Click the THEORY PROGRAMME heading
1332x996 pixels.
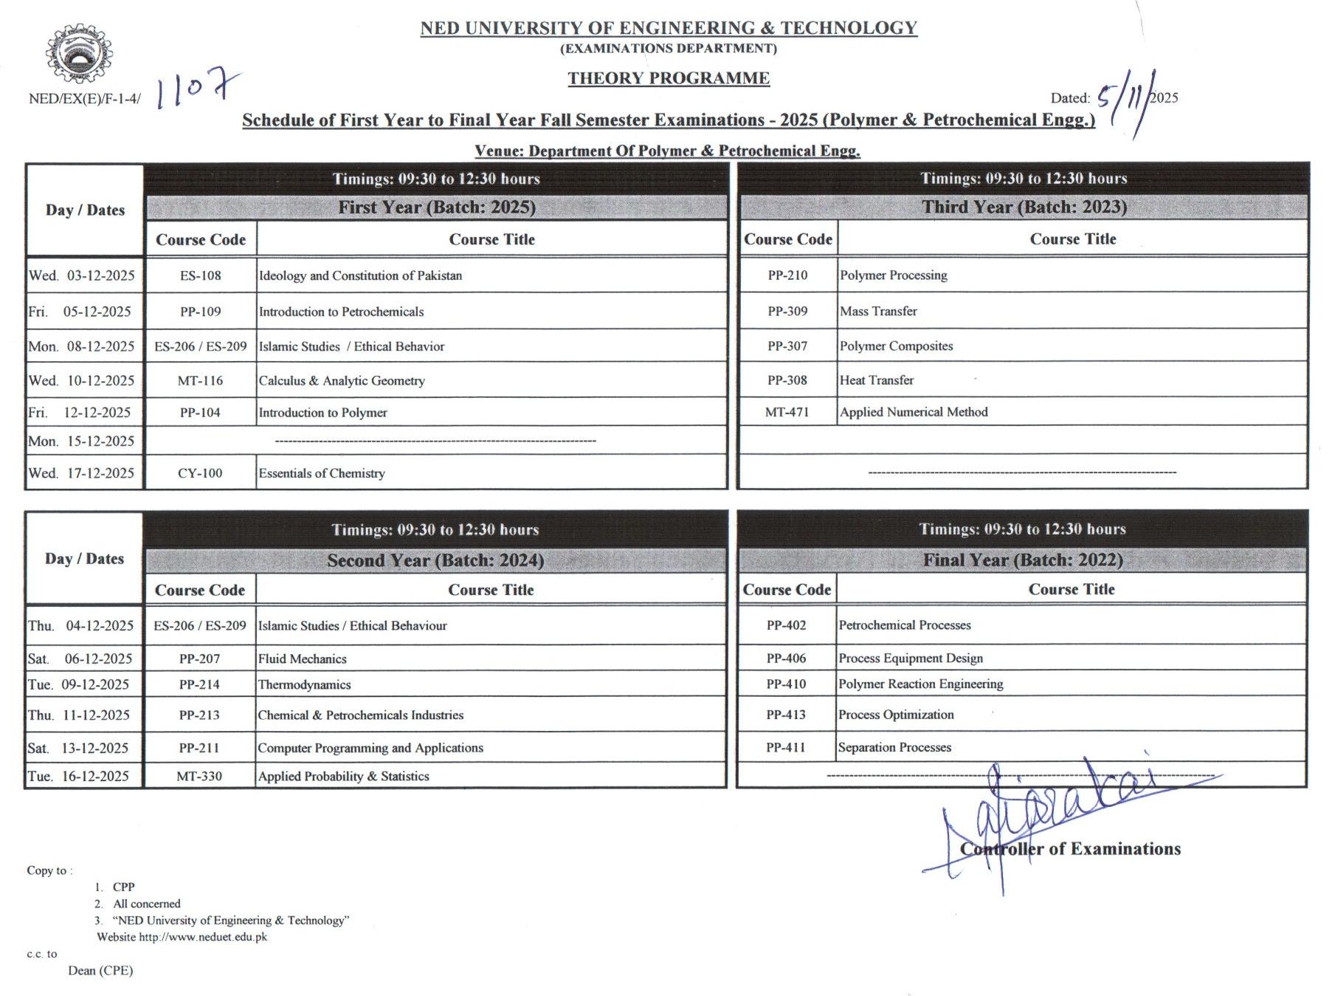[668, 78]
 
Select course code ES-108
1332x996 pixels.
[200, 275]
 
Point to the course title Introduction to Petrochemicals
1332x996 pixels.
[341, 312]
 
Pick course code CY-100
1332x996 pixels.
[200, 473]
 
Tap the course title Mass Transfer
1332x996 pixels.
[878, 311]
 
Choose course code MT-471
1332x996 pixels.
[787, 412]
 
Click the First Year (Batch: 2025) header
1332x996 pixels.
[437, 207]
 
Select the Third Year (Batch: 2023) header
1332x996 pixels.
[1024, 207]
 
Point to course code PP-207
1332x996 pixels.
[199, 659]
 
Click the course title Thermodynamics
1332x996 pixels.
[304, 684]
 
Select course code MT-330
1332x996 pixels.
[199, 776]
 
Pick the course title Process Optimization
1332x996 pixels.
[896, 715]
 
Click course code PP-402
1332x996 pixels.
[786, 625]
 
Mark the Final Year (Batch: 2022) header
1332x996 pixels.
[1022, 560]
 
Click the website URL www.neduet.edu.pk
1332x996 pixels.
[203, 937]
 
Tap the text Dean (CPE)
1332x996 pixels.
[100, 970]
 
